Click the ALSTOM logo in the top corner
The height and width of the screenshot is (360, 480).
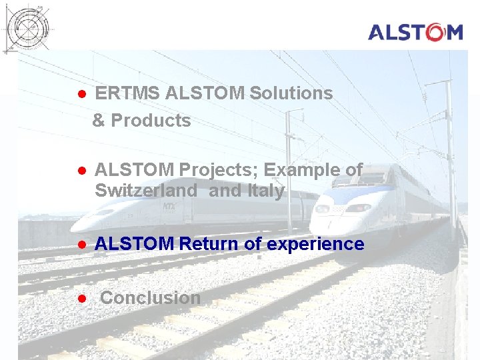click(415, 31)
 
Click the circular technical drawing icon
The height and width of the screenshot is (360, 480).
click(27, 27)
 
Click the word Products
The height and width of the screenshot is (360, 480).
click(151, 121)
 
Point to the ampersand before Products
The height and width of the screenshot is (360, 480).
click(99, 121)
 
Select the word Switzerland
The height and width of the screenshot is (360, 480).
click(146, 191)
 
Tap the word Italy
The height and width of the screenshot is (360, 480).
click(266, 191)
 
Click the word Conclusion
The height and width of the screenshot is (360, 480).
click(150, 298)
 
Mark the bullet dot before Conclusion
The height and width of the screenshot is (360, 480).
click(80, 298)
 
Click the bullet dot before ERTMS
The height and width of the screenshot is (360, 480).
click(80, 94)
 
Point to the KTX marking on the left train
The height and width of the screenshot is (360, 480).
click(169, 207)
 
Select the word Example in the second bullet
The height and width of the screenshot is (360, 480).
click(311, 170)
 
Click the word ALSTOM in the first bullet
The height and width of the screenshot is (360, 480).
click(204, 93)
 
